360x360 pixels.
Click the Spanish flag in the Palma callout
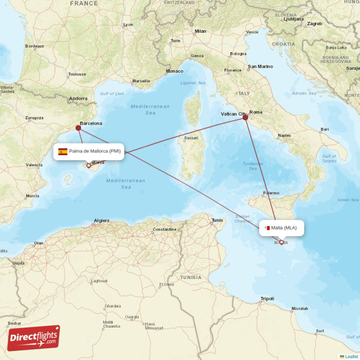pyautogui.click(x=63, y=152)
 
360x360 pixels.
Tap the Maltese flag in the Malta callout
pyautogui.click(x=267, y=228)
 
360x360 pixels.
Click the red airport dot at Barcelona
pyautogui.click(x=78, y=128)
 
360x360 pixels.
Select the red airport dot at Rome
pyautogui.click(x=245, y=117)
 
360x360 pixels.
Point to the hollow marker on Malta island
pyautogui.click(x=282, y=242)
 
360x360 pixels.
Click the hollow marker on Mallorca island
pyautogui.click(x=89, y=166)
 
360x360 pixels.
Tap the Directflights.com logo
pyautogui.click(x=34, y=338)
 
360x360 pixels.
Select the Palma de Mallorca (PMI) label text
pyautogui.click(x=94, y=151)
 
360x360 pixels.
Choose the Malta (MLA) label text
pyautogui.click(x=284, y=228)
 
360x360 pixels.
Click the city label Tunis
pyautogui.click(x=217, y=220)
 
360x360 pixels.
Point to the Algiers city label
pyautogui.click(x=101, y=220)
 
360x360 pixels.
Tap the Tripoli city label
pyautogui.click(x=267, y=299)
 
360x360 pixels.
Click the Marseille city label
pyautogui.click(x=141, y=81)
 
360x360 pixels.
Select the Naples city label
pyautogui.click(x=284, y=135)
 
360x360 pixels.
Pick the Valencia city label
pyautogui.click(x=34, y=165)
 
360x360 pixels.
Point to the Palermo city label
pyautogui.click(x=271, y=193)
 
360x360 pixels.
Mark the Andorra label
pyautogui.click(x=78, y=99)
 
